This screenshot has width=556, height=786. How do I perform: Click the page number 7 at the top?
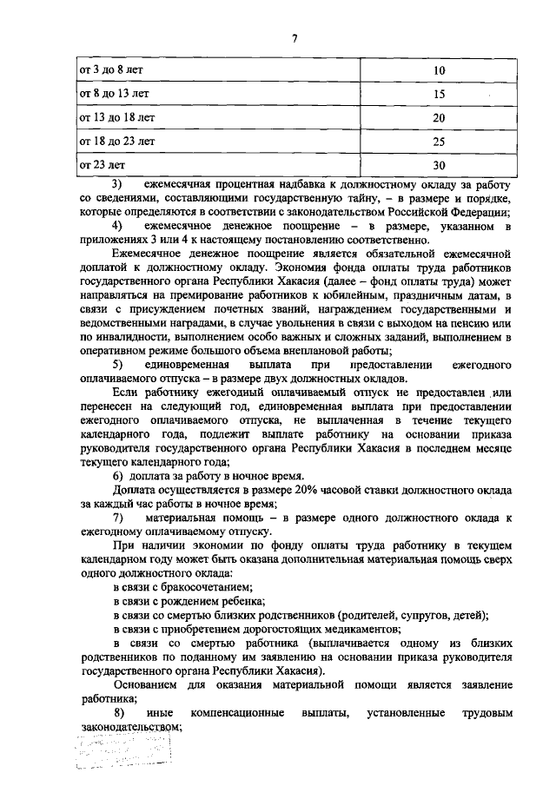point(295,39)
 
